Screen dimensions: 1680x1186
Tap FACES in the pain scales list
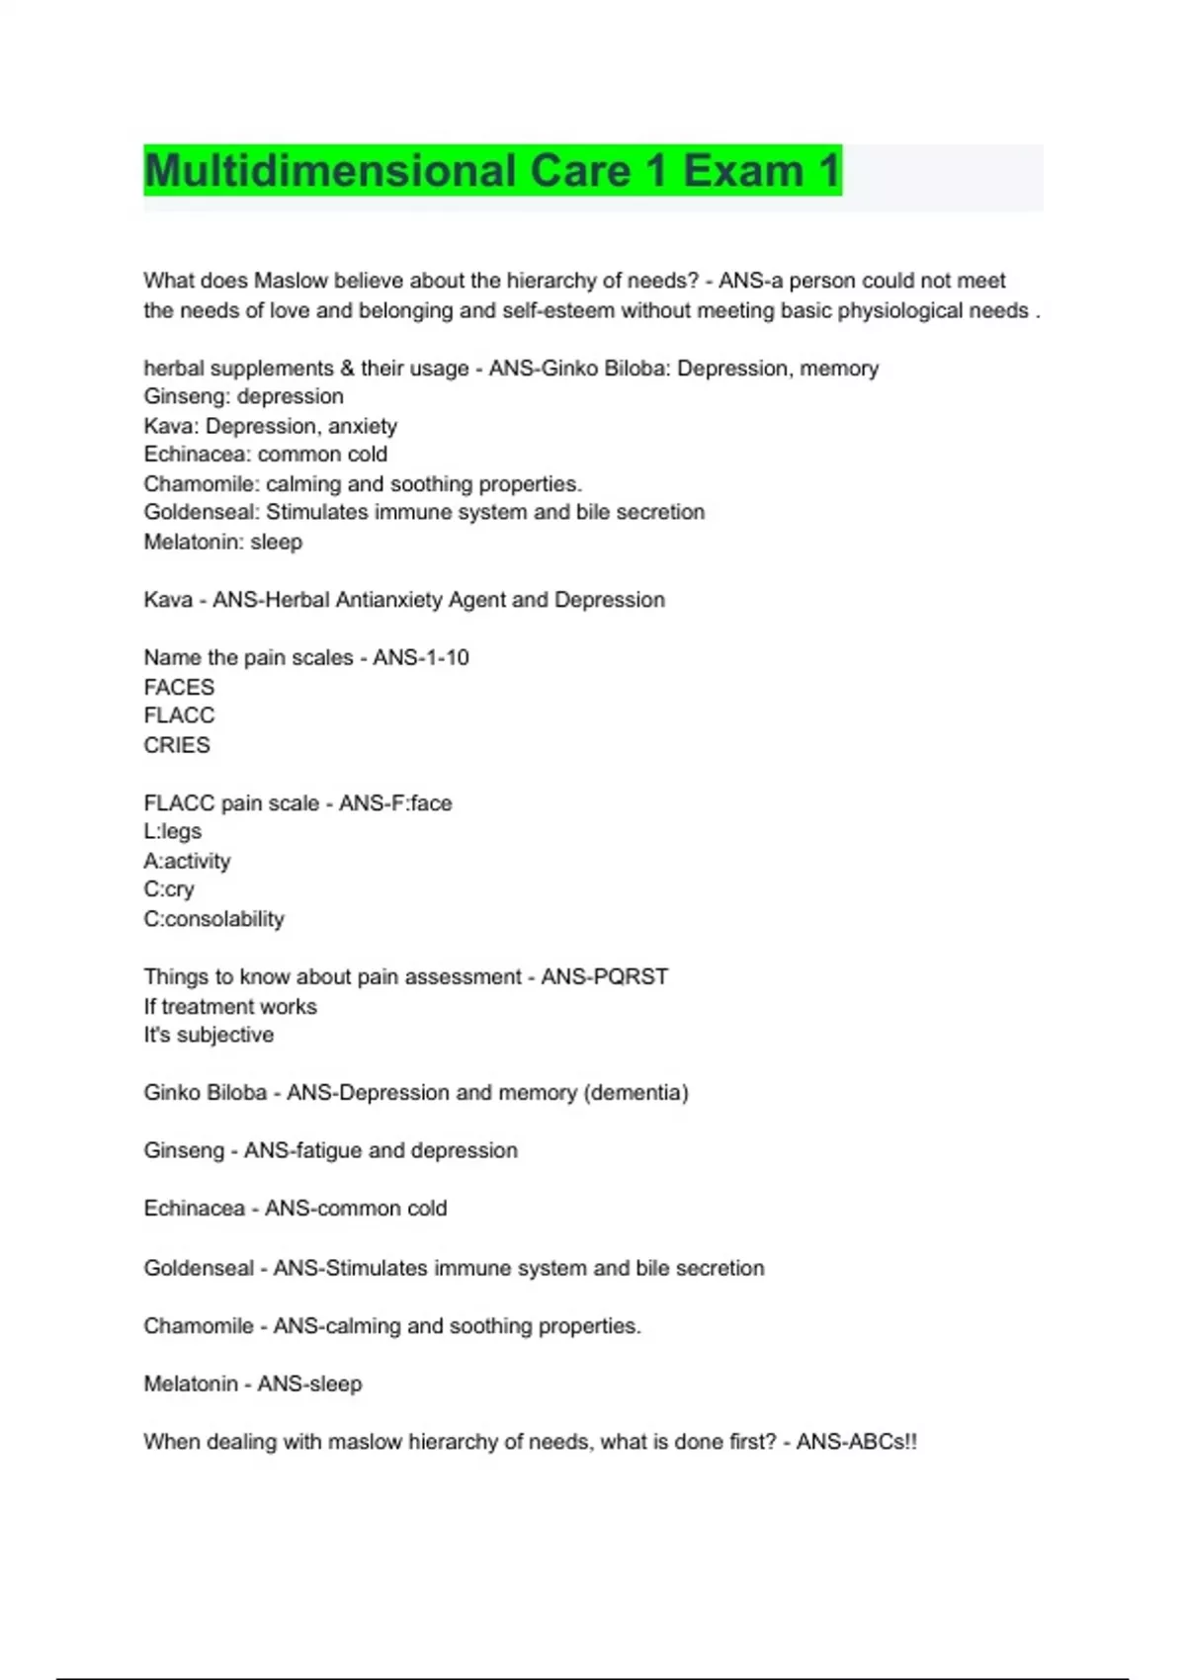pos(179,687)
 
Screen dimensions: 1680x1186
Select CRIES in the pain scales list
pos(177,745)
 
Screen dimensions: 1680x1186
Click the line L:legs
pos(173,831)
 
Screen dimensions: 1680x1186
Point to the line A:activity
pos(187,861)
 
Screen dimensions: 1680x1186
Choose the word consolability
pos(224,919)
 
